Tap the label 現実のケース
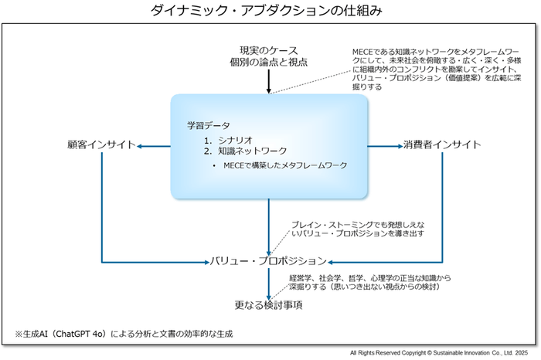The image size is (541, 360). [268, 50]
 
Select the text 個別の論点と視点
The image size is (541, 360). [268, 63]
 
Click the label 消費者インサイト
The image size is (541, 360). [442, 144]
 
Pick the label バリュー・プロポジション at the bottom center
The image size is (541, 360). [268, 261]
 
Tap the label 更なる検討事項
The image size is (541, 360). [268, 305]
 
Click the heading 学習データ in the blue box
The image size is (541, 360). [208, 125]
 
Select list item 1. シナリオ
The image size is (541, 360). [230, 140]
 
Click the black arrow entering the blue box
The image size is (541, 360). [268, 81]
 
